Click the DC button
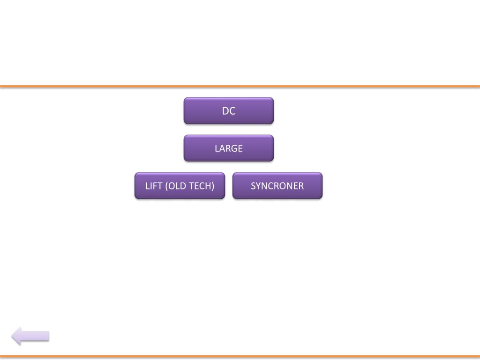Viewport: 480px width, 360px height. click(x=228, y=111)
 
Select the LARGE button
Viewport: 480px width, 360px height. click(x=228, y=148)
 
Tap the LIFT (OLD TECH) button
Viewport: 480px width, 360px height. click(x=180, y=186)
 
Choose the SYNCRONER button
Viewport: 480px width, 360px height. click(x=277, y=186)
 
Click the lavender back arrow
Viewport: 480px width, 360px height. click(x=30, y=336)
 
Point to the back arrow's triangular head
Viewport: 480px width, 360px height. click(x=17, y=336)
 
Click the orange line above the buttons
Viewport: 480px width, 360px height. click(x=240, y=86)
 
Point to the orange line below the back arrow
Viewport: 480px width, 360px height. click(x=240, y=356)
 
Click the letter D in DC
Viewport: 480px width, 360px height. click(x=225, y=111)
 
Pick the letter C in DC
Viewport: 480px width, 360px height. click(x=232, y=111)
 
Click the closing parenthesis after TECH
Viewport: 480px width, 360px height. click(x=213, y=186)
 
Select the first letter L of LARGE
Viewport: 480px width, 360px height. click(x=217, y=149)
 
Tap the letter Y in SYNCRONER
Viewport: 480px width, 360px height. click(x=258, y=186)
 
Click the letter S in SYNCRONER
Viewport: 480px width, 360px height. click(x=253, y=186)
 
